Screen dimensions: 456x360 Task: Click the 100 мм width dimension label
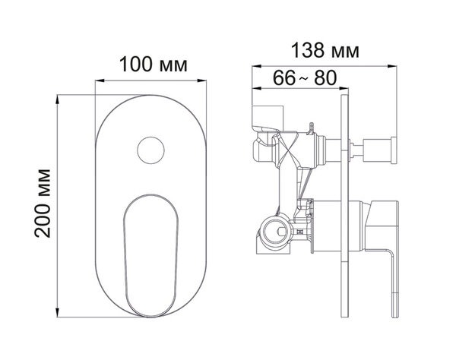coord(153,65)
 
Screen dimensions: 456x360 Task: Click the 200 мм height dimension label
coord(43,203)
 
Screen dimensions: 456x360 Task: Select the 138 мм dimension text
coord(325,50)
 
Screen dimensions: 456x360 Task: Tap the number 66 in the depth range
coord(283,77)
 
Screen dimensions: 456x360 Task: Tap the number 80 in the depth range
coord(325,77)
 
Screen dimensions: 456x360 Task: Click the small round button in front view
coord(150,150)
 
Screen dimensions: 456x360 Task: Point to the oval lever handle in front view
coord(150,256)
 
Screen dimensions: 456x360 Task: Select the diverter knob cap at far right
coord(394,150)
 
